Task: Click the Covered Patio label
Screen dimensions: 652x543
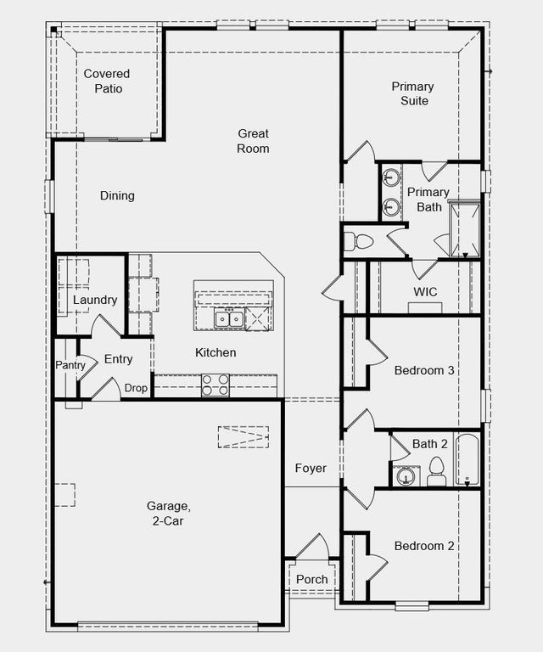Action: pos(107,81)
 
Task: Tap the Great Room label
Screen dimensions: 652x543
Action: pos(253,141)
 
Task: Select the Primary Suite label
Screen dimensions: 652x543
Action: pos(412,93)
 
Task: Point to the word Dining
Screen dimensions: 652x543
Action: pos(117,196)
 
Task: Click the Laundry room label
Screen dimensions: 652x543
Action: pos(94,301)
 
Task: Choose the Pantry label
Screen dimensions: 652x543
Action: pos(70,365)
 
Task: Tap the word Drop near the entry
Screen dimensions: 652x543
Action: pos(136,388)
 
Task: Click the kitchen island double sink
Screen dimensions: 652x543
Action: pos(229,319)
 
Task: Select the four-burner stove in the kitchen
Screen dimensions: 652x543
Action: pos(216,385)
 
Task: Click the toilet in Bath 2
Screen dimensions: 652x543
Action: pos(437,472)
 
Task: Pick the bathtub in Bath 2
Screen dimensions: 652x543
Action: pos(467,460)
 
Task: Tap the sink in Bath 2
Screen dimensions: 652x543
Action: pos(407,477)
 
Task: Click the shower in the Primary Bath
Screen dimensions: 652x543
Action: pos(464,228)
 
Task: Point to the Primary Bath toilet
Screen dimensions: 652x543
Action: pos(360,241)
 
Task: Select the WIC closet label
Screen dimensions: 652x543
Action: pos(425,292)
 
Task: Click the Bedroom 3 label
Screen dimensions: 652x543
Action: pos(424,370)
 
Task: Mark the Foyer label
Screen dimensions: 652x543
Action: pos(311,469)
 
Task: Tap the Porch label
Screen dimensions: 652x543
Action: pos(311,580)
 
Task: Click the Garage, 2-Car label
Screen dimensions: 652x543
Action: pos(168,514)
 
